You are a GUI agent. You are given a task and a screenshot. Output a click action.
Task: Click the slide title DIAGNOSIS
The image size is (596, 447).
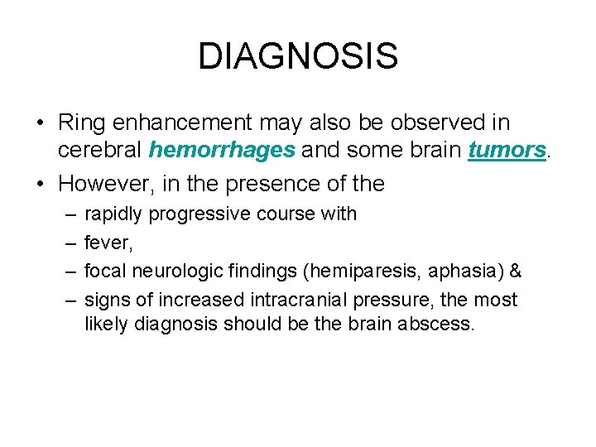coord(298,56)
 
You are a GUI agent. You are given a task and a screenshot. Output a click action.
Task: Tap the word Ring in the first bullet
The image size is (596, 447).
coord(79,122)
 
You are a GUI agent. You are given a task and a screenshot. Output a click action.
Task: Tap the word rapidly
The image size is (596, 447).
coord(113,214)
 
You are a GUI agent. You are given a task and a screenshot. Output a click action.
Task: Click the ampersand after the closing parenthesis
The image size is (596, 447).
coord(514,271)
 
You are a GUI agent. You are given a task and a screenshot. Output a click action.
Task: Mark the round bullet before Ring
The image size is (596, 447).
coord(40,123)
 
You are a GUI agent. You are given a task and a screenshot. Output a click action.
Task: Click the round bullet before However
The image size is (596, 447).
coord(40,183)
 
